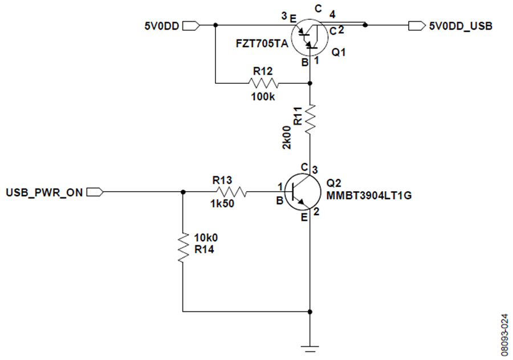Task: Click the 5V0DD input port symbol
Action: click(x=191, y=26)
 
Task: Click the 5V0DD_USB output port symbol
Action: click(x=417, y=26)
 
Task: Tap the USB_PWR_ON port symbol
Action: click(x=95, y=192)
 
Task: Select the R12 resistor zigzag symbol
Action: click(x=263, y=83)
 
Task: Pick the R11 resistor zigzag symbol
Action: click(x=310, y=119)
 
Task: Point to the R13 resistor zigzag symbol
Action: click(x=231, y=192)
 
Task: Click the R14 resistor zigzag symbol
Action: click(x=183, y=248)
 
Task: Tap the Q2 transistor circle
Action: click(x=303, y=192)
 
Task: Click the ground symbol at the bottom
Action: click(x=310, y=349)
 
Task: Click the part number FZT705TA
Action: click(x=262, y=43)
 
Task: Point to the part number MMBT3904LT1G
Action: click(x=369, y=196)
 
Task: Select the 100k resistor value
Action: click(x=263, y=97)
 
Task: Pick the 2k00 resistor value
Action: click(x=287, y=137)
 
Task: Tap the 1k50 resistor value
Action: click(x=222, y=204)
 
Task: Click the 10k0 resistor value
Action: click(x=206, y=237)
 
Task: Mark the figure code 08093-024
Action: click(x=505, y=335)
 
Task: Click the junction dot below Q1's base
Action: click(x=310, y=83)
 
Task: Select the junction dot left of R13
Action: click(x=183, y=192)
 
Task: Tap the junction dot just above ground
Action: click(x=310, y=312)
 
